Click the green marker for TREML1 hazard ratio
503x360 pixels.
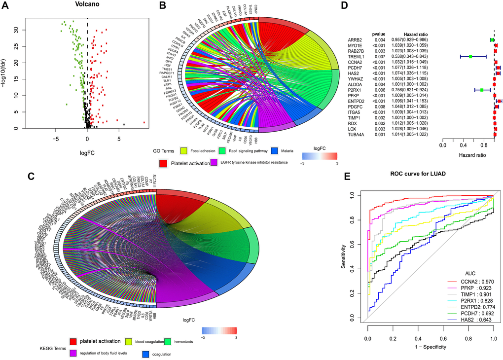[x=470, y=57]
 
